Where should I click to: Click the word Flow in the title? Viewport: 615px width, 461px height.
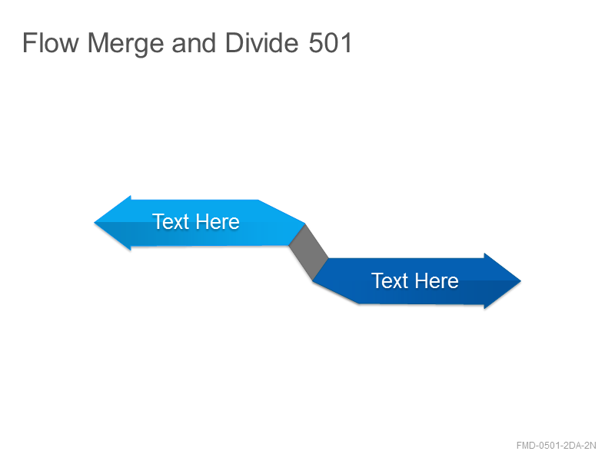(x=51, y=42)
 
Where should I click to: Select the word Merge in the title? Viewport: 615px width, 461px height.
(x=125, y=44)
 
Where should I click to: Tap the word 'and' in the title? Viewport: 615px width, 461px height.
(x=194, y=42)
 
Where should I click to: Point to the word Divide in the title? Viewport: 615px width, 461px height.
(x=261, y=42)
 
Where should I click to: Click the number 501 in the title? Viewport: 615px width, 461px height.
(x=331, y=42)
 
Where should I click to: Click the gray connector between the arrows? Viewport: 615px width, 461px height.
(x=308, y=252)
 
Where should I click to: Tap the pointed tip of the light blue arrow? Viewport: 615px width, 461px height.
(x=94, y=223)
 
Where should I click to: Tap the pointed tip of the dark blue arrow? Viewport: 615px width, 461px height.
(x=521, y=280)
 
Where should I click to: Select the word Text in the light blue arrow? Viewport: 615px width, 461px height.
(x=171, y=221)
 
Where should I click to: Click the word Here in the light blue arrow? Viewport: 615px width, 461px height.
(x=218, y=221)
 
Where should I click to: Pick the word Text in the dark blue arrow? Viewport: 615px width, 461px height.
(x=390, y=280)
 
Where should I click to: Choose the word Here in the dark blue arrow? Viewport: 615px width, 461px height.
(x=437, y=280)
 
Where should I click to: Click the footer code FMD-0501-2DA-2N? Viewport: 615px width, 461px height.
(x=556, y=446)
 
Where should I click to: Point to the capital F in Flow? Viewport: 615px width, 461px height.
(x=29, y=42)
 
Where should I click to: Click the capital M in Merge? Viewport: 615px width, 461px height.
(x=98, y=42)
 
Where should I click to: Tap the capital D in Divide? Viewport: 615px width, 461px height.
(x=234, y=42)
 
